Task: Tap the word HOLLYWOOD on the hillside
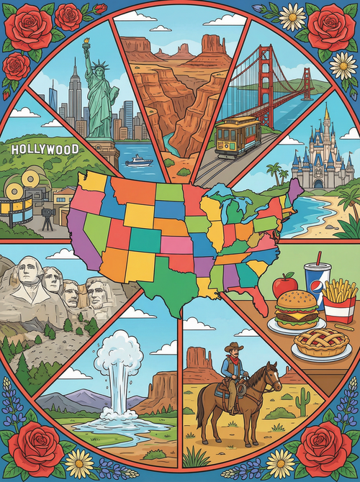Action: [45, 150]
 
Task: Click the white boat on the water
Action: [138, 161]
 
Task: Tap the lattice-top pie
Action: [322, 342]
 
